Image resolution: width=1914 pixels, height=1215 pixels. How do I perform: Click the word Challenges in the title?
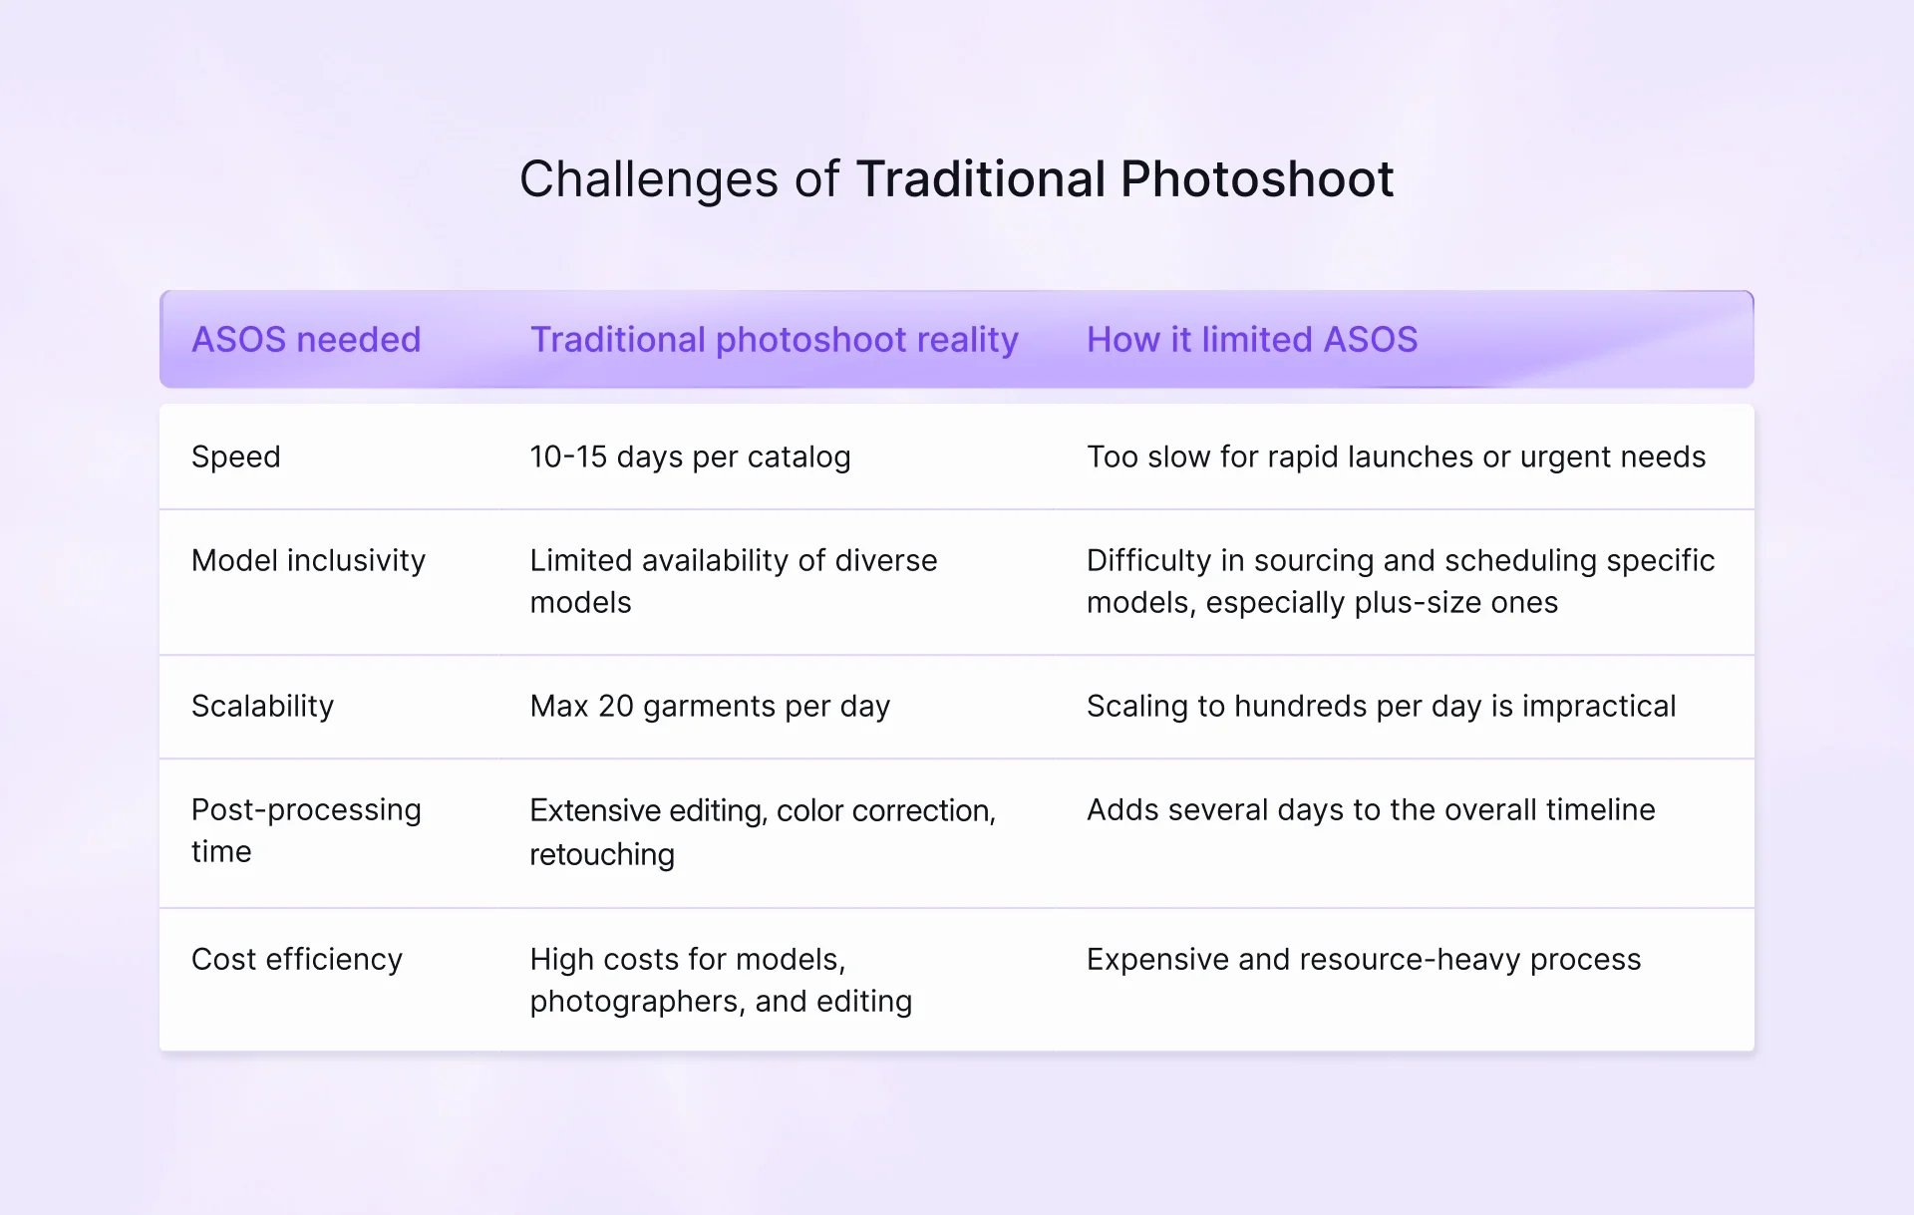point(649,180)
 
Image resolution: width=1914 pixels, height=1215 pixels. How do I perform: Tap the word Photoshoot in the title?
point(1256,180)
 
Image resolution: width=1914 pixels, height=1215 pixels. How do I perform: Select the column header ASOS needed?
point(306,340)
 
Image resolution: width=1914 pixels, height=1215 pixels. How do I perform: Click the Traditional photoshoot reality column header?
point(774,340)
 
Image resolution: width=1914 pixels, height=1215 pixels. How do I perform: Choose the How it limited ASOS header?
point(1251,340)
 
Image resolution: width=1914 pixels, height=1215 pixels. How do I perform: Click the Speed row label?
point(236,456)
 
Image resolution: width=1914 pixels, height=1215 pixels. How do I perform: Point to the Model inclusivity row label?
point(308,560)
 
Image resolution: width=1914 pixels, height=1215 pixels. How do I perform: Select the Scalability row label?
point(262,706)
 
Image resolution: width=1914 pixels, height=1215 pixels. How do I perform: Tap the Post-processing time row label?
point(306,830)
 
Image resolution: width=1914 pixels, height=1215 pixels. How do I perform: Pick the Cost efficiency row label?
point(297,959)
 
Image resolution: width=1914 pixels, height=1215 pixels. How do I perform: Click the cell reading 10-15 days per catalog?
point(690,456)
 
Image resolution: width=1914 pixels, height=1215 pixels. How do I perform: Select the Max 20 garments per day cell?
point(710,706)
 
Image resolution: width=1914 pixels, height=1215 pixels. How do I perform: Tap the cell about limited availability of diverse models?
point(733,581)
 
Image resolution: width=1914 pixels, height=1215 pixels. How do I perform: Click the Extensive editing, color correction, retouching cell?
point(762,831)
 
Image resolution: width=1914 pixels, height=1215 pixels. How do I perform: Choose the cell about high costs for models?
point(720,980)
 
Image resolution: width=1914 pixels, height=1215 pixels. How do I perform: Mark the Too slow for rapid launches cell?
point(1396,456)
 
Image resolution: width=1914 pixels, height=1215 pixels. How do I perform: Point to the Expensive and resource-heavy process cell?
point(1363,959)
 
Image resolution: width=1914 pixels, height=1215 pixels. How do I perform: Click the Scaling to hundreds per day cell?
point(1381,706)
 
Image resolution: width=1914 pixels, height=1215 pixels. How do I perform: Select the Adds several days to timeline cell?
point(1370,809)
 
